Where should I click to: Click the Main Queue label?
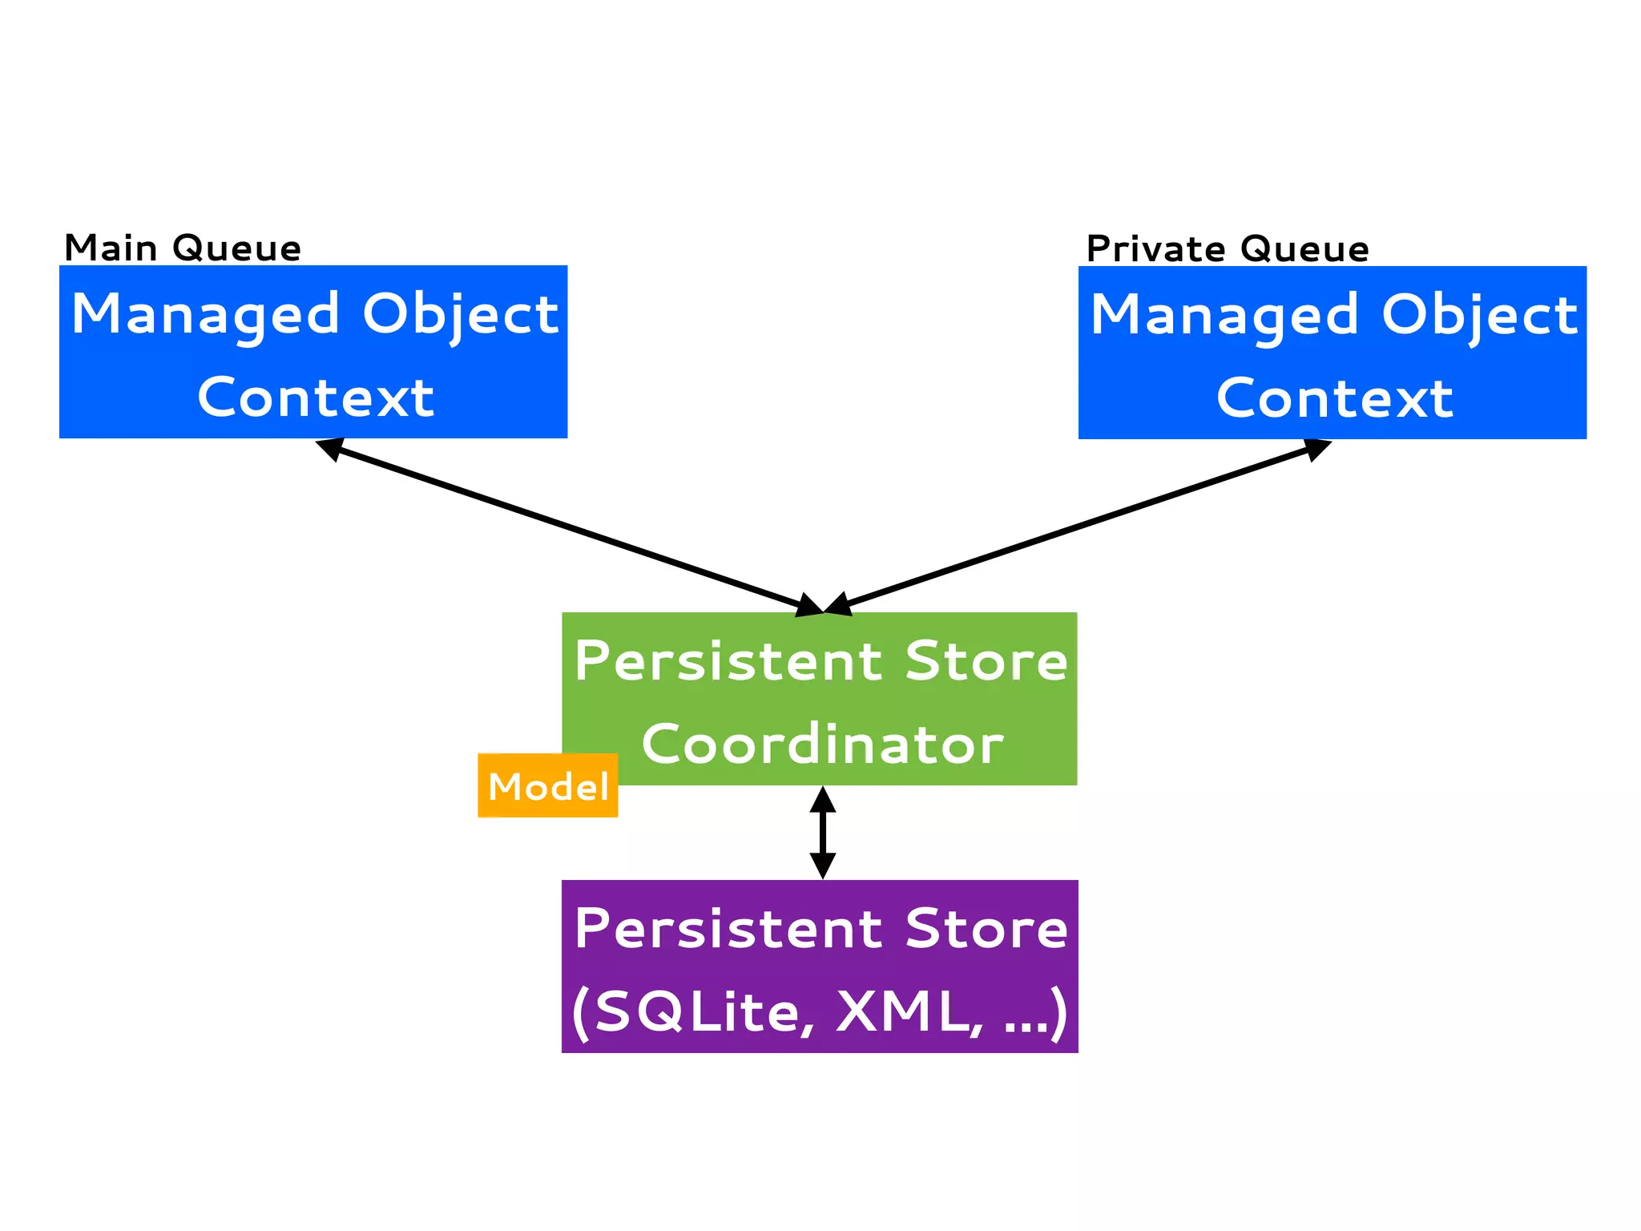pos(183,248)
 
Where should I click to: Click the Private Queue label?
pos(1227,248)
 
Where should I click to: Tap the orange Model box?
pos(548,786)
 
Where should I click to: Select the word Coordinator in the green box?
pos(822,744)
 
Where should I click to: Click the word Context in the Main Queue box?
pos(316,398)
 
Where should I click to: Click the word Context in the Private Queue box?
pos(1334,398)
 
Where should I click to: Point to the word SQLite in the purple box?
pos(696,1011)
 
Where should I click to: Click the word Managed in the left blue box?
pos(206,314)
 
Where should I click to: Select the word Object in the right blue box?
pos(1479,314)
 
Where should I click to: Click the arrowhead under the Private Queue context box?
pos(1316,449)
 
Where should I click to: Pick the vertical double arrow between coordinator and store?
pos(823,833)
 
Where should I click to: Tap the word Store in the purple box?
pos(986,929)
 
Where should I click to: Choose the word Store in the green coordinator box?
pos(986,661)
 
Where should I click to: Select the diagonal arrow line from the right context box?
pos(1078,527)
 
